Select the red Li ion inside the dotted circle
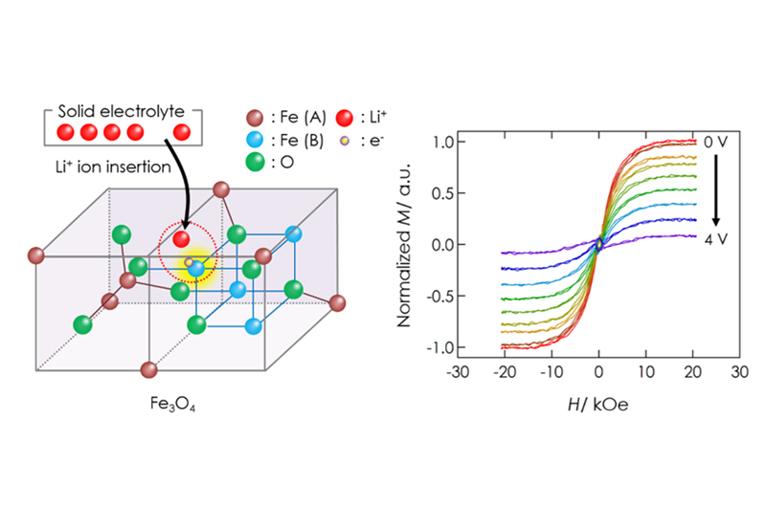click(181, 236)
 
